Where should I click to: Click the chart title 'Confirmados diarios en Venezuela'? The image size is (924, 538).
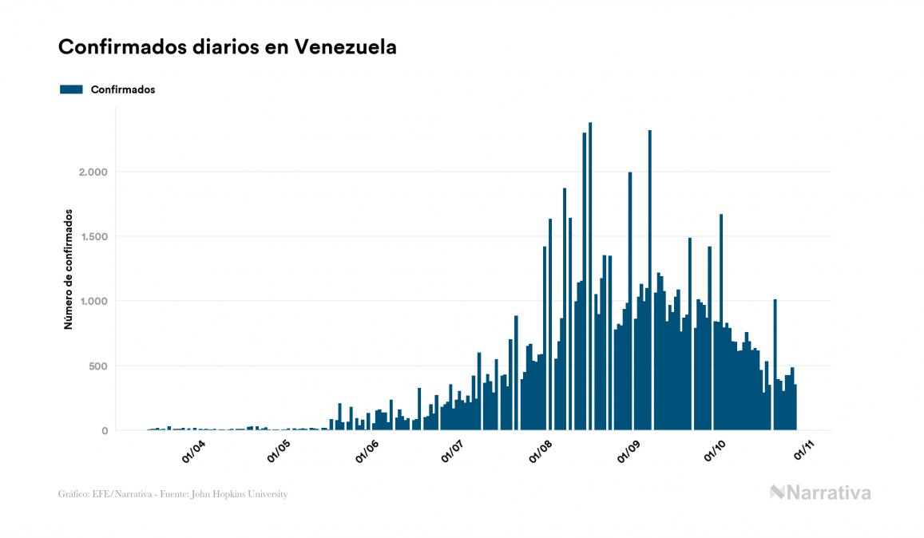click(228, 47)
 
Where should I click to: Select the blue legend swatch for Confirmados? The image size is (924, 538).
click(71, 89)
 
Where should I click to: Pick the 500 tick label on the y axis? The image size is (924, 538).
click(97, 366)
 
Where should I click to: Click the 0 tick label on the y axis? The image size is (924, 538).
click(105, 431)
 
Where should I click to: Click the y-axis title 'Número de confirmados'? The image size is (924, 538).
click(69, 270)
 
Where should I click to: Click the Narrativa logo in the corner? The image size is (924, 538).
click(820, 493)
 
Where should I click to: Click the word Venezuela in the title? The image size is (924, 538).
click(345, 47)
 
